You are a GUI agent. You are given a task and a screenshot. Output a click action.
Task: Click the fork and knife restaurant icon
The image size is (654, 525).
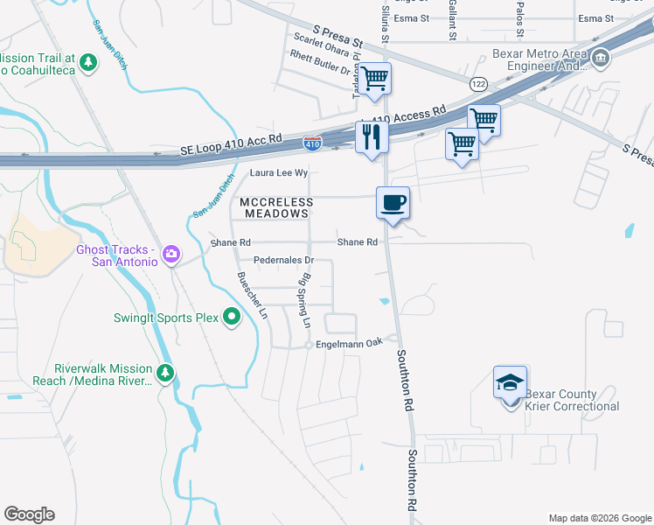[372, 136]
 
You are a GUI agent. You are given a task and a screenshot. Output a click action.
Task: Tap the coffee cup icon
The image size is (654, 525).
[393, 202]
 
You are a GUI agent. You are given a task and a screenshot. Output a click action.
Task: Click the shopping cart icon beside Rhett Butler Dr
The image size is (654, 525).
[375, 78]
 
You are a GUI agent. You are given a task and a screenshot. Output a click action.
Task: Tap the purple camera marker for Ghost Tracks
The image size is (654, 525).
[171, 255]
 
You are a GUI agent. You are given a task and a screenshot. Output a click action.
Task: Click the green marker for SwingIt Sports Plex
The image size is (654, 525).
[232, 317]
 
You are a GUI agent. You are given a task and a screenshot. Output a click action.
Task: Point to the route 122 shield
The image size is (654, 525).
[477, 83]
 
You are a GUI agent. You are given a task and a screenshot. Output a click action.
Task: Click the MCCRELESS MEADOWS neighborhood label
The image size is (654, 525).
[276, 207]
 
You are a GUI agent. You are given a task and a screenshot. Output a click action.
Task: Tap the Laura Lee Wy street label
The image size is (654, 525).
[280, 173]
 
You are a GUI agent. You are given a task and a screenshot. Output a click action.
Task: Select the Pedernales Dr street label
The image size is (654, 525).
[282, 260]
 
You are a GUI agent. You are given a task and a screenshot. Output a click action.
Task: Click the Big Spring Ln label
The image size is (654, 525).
[306, 300]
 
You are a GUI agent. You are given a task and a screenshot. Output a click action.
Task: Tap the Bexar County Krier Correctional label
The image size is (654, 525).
[572, 400]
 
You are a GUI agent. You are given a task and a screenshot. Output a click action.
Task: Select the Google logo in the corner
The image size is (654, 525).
[29, 514]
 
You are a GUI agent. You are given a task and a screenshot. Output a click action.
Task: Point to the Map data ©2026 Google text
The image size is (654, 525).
[599, 517]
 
